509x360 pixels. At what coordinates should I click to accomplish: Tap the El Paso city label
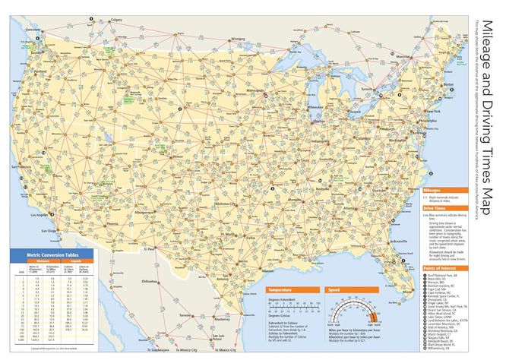(150, 248)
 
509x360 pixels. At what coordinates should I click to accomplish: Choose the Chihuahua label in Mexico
(156, 280)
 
